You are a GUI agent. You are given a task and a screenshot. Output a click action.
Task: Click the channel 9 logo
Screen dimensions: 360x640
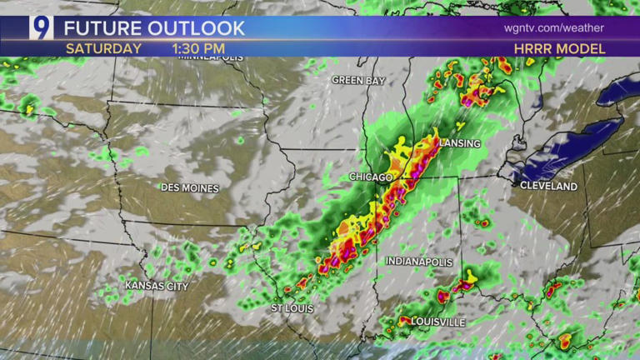tap(41, 28)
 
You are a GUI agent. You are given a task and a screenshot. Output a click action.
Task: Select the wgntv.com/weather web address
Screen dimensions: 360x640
tap(553, 28)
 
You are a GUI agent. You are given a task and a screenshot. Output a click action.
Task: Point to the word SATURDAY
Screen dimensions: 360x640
tap(103, 49)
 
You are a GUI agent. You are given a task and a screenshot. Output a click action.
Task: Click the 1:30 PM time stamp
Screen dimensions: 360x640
tap(198, 49)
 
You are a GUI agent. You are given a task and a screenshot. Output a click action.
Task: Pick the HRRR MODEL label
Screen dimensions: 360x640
tap(559, 49)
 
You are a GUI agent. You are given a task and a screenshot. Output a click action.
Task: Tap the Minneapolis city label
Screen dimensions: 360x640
tap(211, 57)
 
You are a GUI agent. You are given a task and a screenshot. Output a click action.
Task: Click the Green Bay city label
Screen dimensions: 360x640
tap(357, 80)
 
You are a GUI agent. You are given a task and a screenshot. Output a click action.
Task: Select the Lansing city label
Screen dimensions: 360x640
tap(459, 143)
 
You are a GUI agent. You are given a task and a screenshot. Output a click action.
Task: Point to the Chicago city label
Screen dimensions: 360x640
tap(371, 177)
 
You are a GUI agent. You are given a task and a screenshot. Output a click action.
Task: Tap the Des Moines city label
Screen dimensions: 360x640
tap(189, 188)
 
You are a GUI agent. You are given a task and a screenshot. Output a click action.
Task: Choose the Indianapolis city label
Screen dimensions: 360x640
tap(419, 262)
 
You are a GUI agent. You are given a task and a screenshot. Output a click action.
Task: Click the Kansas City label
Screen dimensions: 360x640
tap(157, 287)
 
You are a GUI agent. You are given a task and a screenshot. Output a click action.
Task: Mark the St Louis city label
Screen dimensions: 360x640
tap(293, 308)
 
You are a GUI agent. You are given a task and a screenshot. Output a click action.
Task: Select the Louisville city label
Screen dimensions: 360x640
tap(437, 322)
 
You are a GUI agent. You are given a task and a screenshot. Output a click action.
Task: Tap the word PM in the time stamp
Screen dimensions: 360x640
tap(214, 49)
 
